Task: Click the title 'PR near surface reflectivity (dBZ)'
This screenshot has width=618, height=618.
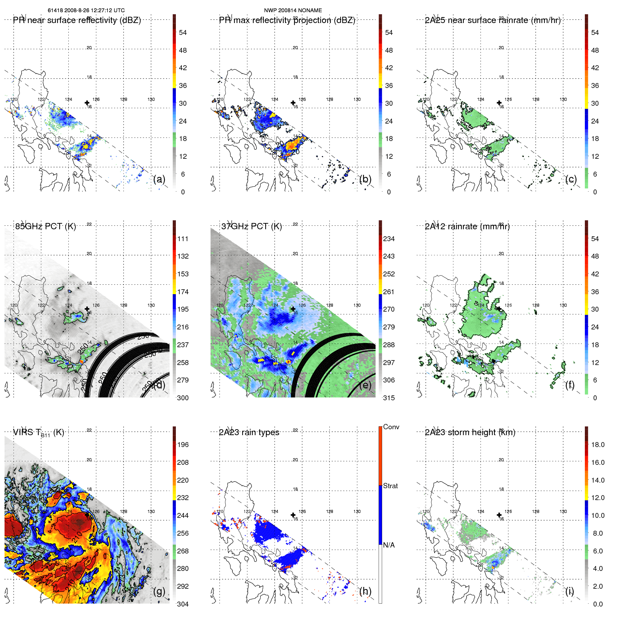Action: point(77,20)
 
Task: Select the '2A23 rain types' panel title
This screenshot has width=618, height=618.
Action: point(249,432)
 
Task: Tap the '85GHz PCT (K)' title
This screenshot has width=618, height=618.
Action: point(45,226)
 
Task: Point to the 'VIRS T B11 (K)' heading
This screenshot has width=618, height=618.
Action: point(38,433)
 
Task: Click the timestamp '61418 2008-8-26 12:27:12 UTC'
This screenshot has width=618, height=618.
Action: point(86,10)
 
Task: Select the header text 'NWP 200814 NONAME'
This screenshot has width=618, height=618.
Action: point(293,10)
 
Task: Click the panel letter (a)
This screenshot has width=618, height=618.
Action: point(159,179)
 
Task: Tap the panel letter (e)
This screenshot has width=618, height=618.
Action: point(365,385)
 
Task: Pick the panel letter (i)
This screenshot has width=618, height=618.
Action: point(569,591)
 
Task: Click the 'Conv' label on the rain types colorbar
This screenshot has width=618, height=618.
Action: point(391,427)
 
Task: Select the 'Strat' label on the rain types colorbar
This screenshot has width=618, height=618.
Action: point(390,486)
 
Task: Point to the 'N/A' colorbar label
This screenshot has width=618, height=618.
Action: point(389,545)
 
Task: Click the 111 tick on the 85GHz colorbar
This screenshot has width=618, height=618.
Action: point(183,239)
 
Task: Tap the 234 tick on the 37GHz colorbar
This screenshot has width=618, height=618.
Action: point(389,239)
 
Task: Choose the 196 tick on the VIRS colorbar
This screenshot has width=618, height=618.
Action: point(183,445)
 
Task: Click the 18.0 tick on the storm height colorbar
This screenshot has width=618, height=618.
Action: point(597,445)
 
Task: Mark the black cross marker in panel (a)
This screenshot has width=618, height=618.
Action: point(87,103)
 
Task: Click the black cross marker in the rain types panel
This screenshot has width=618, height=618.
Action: point(293,515)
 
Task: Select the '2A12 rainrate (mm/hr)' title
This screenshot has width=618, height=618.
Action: point(467,226)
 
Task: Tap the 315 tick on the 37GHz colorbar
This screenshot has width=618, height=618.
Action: point(389,398)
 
